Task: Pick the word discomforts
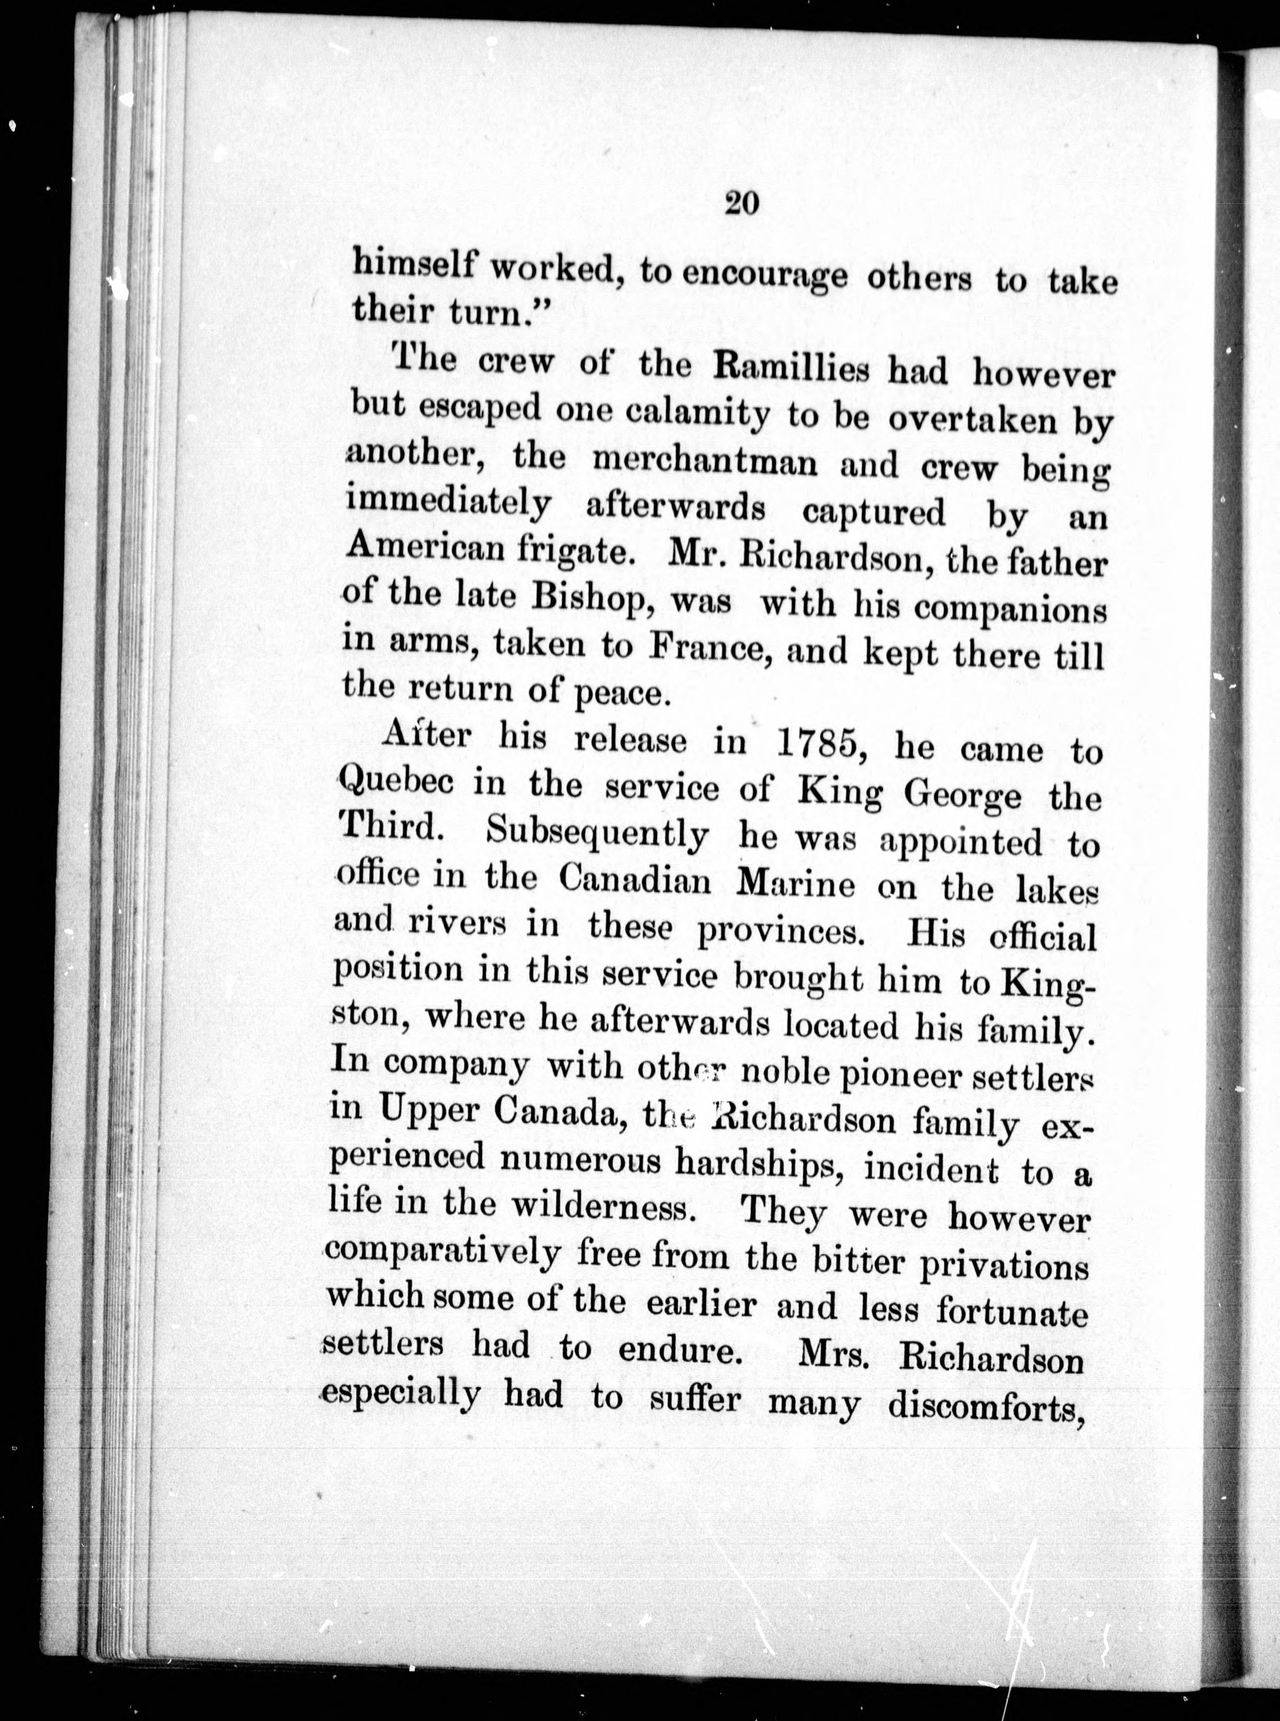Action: click(984, 1404)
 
